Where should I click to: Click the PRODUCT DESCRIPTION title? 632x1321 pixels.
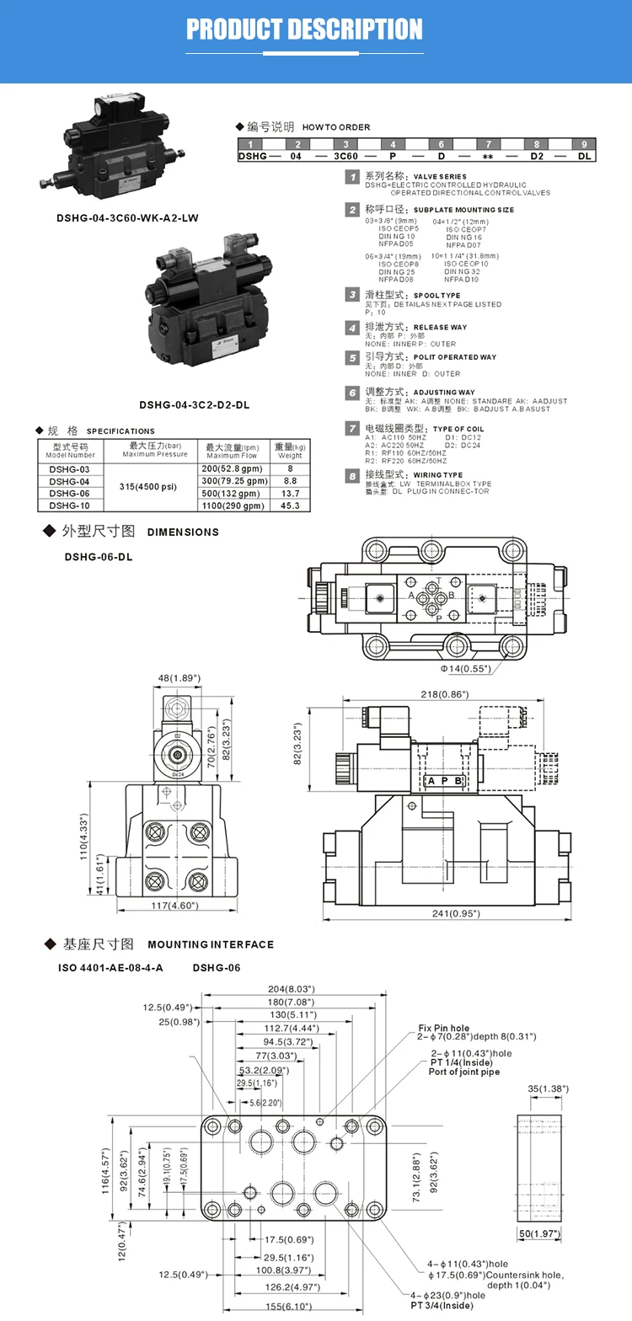pos(304,29)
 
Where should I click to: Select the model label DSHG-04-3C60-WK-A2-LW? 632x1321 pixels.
pos(128,217)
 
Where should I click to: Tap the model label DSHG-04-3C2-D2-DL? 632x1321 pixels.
pos(194,404)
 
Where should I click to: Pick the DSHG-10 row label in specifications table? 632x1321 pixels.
pos(69,505)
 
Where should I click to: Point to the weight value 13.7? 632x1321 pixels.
pos(290,493)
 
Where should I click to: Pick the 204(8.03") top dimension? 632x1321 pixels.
pos(290,989)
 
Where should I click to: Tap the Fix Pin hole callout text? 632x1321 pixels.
pos(456,1028)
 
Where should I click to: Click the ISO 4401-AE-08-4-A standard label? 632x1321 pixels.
pos(122,967)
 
